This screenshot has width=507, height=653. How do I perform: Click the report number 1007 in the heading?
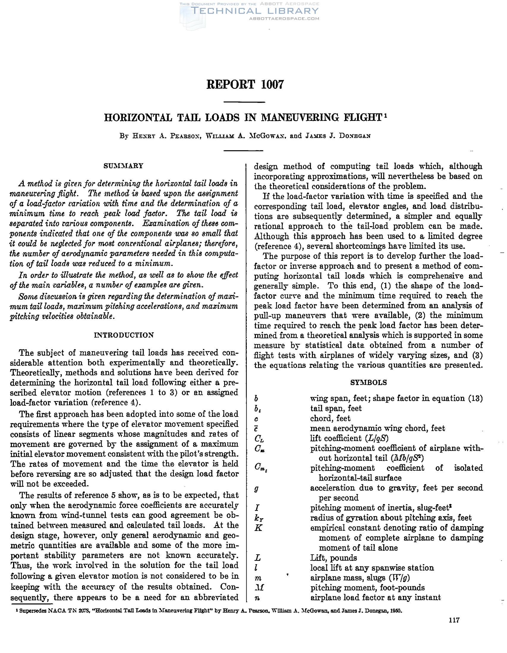click(x=272, y=85)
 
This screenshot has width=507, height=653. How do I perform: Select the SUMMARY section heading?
click(x=124, y=166)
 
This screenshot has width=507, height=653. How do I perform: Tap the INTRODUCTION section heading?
click(x=124, y=335)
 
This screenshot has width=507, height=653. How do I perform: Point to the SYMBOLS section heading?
click(x=369, y=382)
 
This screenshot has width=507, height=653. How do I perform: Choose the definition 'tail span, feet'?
click(x=336, y=408)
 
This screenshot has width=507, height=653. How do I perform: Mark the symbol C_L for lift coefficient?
click(x=259, y=439)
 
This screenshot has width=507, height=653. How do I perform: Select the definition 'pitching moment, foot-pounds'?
click(x=367, y=588)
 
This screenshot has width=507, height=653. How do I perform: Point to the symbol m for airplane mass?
click(x=258, y=578)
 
